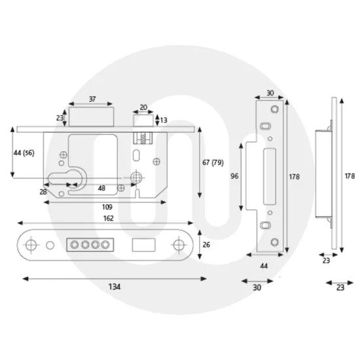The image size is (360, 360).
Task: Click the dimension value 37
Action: coord(92,99)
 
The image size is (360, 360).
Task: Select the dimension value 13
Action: coord(164,120)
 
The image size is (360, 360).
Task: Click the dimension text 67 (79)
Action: coord(214,162)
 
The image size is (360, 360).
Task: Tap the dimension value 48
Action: coord(101,188)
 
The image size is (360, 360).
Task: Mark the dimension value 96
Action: coord(234,176)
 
